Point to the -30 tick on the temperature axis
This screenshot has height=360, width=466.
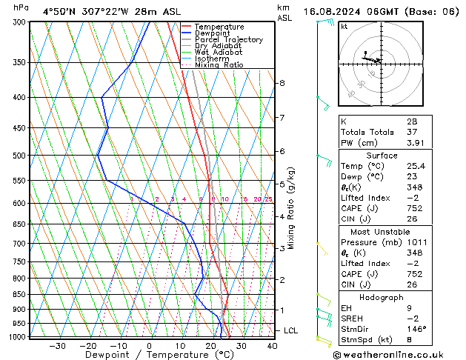tap(57, 346)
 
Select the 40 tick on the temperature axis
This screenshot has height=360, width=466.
tap(272, 346)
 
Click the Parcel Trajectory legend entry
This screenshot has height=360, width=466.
tap(228, 40)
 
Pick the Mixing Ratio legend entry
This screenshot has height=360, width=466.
tap(219, 65)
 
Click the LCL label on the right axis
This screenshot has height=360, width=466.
tap(290, 330)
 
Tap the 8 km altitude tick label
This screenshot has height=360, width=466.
tap(282, 83)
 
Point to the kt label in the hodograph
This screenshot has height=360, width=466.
tap(344, 27)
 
